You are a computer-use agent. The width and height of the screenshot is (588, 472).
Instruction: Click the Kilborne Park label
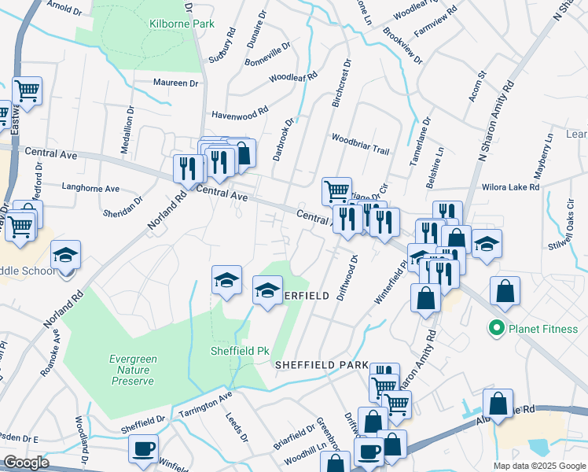[182, 24]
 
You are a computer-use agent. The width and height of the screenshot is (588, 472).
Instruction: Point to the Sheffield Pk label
[241, 351]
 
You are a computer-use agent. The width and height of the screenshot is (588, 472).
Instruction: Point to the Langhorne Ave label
[90, 189]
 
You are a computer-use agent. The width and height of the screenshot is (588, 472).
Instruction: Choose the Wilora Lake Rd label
[512, 188]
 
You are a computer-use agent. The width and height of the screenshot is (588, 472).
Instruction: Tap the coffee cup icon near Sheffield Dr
[143, 449]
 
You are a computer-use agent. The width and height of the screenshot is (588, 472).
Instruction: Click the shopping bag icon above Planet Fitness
[504, 290]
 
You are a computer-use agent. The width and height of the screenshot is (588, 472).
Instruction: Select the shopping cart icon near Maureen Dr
[27, 90]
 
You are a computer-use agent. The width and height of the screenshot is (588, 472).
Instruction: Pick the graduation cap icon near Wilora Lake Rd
[487, 243]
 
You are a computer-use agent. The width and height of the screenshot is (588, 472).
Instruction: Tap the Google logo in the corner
[26, 463]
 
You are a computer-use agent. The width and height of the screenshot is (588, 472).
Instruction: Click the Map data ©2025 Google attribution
[538, 466]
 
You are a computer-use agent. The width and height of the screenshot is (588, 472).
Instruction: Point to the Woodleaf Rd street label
[292, 77]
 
